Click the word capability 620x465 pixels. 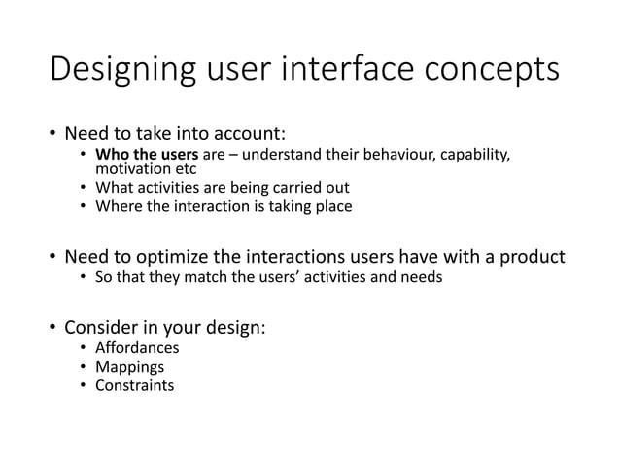pos(467,157)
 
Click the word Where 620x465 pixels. pos(116,205)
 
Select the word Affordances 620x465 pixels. pos(136,349)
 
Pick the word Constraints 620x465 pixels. pos(134,386)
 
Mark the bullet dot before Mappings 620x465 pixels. pos(84,368)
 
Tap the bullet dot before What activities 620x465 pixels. pos(84,187)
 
